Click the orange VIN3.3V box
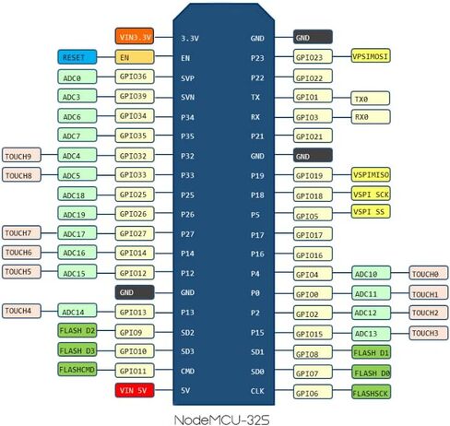point(135,36)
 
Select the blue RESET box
point(77,57)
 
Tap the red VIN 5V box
point(135,390)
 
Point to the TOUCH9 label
point(21,155)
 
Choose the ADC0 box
point(77,77)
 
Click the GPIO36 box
point(135,77)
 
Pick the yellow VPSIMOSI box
point(371,56)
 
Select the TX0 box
point(371,99)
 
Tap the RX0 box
point(371,117)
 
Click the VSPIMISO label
point(371,175)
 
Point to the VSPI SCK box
point(371,194)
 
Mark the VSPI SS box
point(371,211)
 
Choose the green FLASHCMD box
point(77,369)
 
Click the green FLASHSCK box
point(371,392)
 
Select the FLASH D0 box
point(371,373)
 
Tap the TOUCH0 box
point(429,273)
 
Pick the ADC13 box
point(371,333)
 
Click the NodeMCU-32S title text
point(221,420)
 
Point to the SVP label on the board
point(187,78)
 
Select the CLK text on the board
point(257,391)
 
